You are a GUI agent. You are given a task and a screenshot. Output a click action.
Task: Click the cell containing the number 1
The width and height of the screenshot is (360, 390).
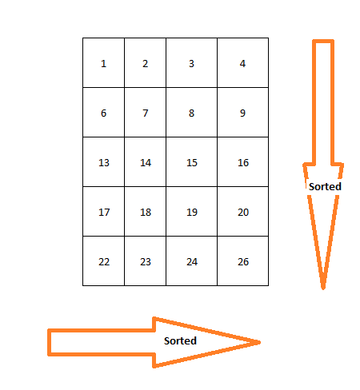coord(103,62)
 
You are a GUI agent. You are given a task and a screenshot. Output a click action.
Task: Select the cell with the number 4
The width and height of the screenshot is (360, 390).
coord(242,62)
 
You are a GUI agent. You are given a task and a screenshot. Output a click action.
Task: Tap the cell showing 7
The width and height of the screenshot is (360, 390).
coord(145,112)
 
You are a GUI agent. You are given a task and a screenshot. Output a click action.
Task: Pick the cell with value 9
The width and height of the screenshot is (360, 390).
coord(242,112)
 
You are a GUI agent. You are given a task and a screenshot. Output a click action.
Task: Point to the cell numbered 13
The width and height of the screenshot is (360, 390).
coord(103,161)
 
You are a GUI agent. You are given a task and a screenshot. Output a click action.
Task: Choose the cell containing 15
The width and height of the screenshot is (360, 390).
coord(191,161)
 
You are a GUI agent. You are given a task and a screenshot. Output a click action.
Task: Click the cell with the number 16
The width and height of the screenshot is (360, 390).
coord(242,161)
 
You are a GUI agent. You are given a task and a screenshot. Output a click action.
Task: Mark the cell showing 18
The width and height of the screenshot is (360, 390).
coord(145,211)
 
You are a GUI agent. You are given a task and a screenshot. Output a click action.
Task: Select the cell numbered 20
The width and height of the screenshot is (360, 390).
coord(242,211)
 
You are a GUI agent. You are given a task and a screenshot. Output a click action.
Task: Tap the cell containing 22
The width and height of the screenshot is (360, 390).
coord(103,261)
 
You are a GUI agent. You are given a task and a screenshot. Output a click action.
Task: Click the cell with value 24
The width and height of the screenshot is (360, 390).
coord(191,261)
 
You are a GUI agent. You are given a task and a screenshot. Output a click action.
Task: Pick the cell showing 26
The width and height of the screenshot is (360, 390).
coord(242,261)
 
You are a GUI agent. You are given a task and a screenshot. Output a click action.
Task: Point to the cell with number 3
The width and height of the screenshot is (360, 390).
coord(191,62)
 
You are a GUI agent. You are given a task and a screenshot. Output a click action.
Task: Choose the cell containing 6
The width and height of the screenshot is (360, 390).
coord(103,112)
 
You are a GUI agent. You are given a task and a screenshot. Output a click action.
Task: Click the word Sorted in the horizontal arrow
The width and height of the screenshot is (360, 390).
coord(180,340)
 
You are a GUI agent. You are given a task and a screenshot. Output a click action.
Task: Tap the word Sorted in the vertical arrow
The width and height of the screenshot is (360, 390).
coord(325,186)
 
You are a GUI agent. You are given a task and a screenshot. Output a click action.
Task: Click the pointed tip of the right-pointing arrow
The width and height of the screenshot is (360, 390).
coord(260,342)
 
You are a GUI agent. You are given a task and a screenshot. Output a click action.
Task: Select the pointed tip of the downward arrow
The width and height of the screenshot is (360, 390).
coord(323,289)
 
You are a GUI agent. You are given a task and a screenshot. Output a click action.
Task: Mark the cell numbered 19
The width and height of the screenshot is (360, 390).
coord(191,211)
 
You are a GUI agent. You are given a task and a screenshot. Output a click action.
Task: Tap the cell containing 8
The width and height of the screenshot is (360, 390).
coord(191,112)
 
